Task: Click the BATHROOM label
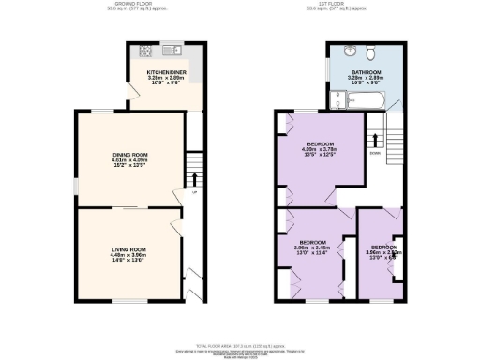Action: tap(365, 72)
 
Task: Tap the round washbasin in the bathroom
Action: tap(348, 52)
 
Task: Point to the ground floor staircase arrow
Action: tap(195, 177)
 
